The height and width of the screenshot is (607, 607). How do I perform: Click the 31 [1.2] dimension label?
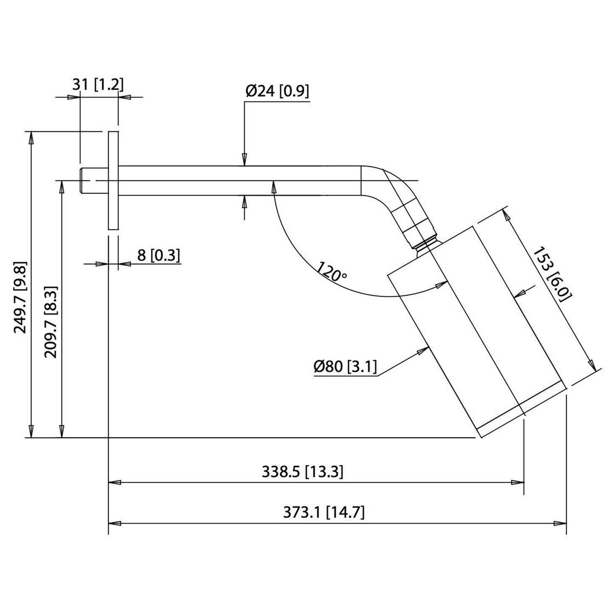[97, 85]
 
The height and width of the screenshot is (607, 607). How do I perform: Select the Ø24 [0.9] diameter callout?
[277, 91]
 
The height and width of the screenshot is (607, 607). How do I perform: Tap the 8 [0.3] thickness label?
[158, 255]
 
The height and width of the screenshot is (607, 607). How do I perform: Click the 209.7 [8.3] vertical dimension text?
[51, 322]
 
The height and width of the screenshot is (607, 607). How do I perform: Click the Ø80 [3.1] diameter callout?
[345, 367]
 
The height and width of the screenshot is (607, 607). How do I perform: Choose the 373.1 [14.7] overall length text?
[324, 512]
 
